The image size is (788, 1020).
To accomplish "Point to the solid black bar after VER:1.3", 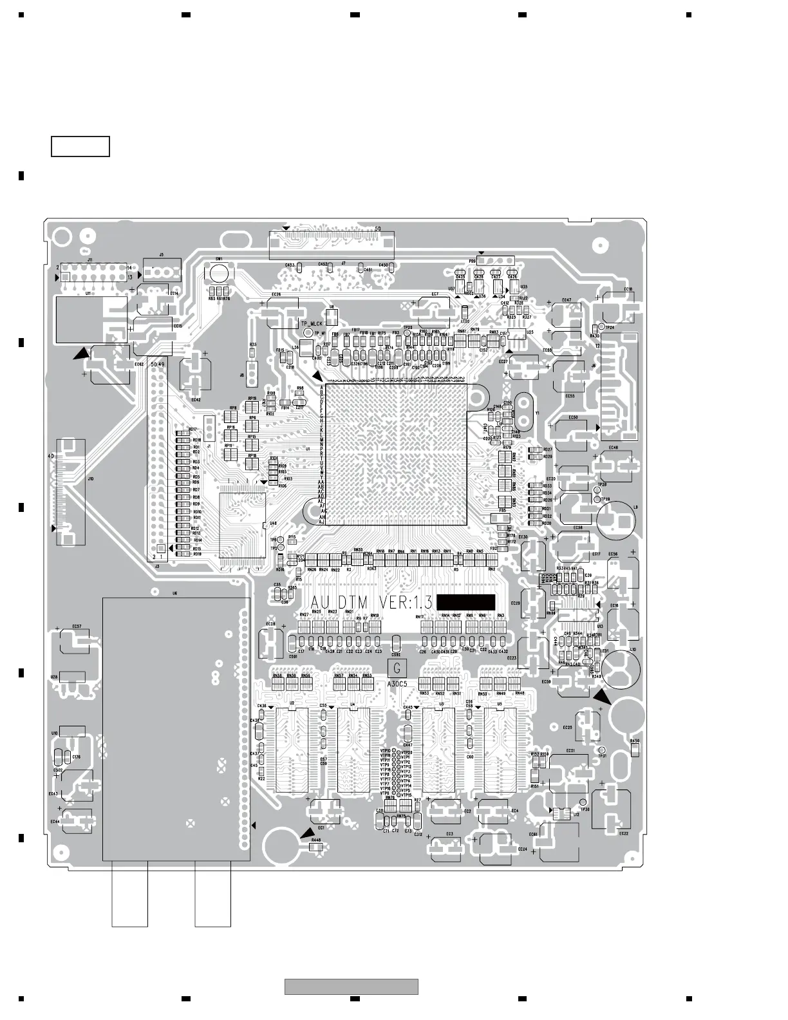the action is [x=466, y=602].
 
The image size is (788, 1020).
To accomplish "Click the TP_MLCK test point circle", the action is [x=308, y=332].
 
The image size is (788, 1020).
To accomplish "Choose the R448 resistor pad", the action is [x=315, y=848].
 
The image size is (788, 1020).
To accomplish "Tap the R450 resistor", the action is [x=635, y=749].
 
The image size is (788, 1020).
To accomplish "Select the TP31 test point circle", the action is [x=602, y=750].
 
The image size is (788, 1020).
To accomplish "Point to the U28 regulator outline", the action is [x=71, y=677].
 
